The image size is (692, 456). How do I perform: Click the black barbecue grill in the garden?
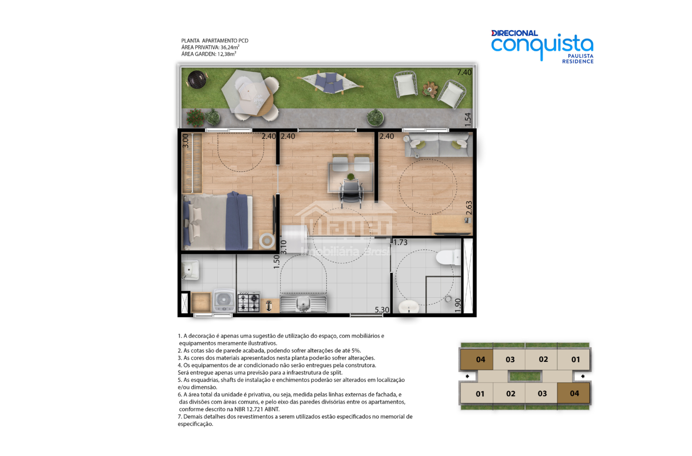[x=197, y=79]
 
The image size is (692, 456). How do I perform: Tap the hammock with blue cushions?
[x=330, y=83]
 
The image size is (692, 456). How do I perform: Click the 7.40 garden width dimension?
[x=464, y=72]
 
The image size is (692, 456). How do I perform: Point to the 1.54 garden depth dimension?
[x=467, y=119]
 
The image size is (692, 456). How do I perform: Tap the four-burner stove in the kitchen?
[x=248, y=302]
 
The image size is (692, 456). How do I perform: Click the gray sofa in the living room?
[x=438, y=145]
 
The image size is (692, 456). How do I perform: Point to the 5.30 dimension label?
[x=382, y=310]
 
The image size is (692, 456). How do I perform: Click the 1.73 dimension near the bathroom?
[x=400, y=242]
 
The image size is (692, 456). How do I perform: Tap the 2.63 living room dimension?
[x=469, y=208]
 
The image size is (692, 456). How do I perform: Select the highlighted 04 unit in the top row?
[x=477, y=360]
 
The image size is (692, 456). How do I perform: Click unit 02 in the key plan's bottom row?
[x=510, y=394]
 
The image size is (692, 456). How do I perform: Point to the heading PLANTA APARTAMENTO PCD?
[x=215, y=41]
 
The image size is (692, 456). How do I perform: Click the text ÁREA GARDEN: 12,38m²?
[x=209, y=54]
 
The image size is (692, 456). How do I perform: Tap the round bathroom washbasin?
[x=409, y=307]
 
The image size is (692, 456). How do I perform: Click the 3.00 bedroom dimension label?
[x=186, y=141]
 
